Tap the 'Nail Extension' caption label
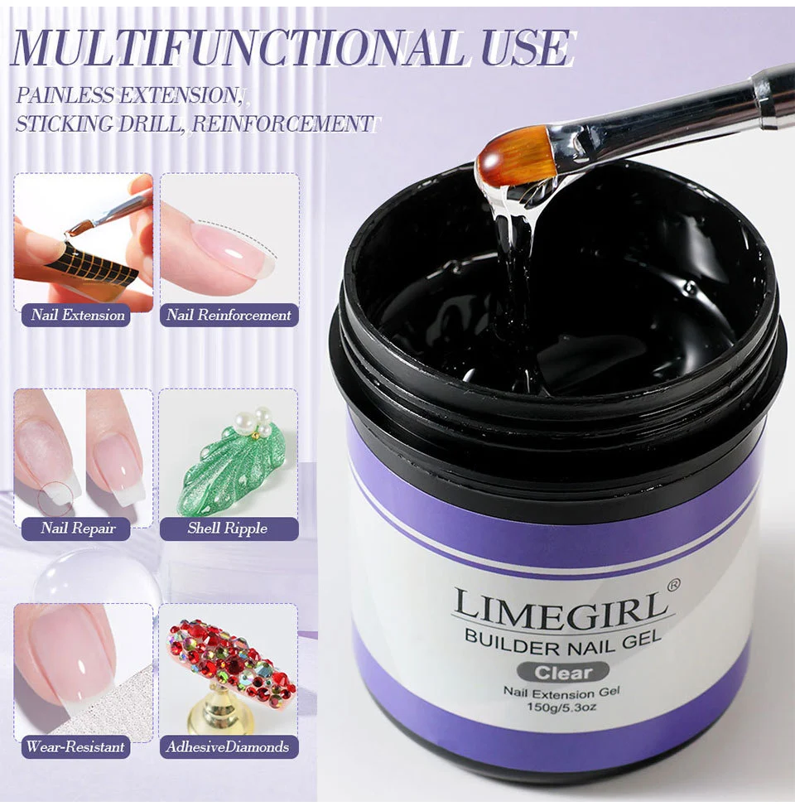click(x=78, y=315)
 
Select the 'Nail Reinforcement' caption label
click(x=229, y=315)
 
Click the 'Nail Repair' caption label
click(x=78, y=529)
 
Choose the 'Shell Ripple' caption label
click(x=228, y=529)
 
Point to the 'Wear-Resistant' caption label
click(x=75, y=746)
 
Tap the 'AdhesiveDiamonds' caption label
click(x=228, y=746)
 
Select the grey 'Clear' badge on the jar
click(x=563, y=672)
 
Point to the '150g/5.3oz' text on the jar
click(x=563, y=707)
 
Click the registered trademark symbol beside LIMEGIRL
click(x=673, y=585)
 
